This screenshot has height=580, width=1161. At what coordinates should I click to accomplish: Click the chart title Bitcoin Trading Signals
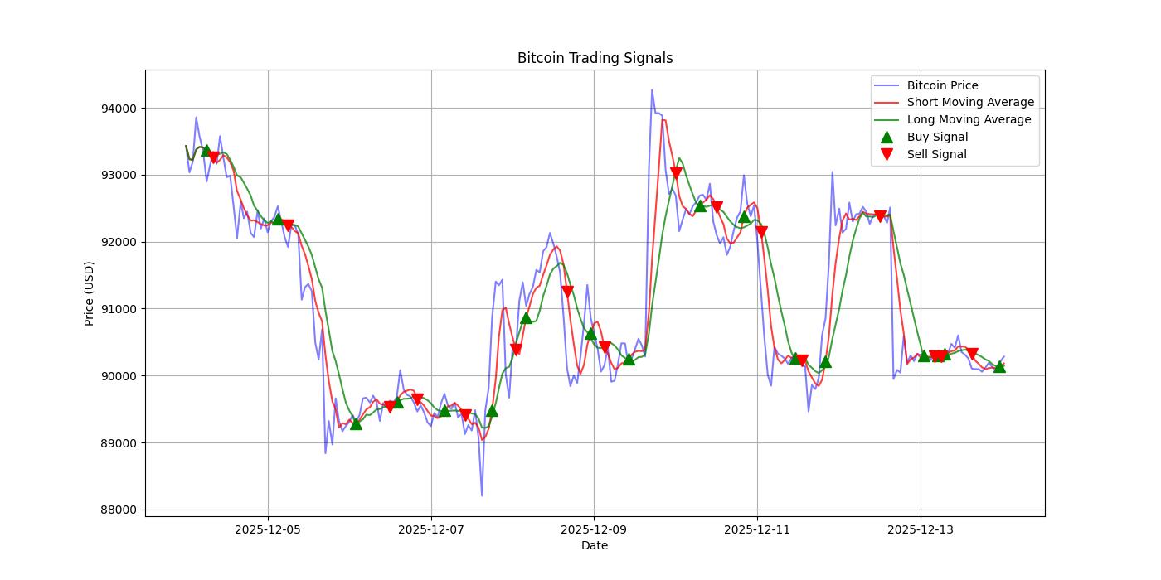click(x=595, y=58)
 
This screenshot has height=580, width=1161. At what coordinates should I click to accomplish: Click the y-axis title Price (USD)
click(x=89, y=293)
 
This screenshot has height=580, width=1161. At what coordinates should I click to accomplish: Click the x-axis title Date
click(x=595, y=545)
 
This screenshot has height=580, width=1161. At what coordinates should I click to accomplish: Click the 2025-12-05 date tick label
click(x=268, y=529)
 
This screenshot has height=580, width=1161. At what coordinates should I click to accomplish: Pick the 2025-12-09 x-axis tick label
click(x=594, y=529)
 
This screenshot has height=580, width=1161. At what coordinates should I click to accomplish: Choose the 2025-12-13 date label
click(x=921, y=529)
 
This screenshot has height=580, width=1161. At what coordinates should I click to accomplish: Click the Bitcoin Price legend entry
click(x=942, y=85)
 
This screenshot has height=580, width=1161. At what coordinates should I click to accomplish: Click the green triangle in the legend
click(x=887, y=137)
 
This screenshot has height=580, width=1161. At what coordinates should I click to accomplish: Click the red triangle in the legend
click(x=887, y=154)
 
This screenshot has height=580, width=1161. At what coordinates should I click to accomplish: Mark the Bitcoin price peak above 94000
click(x=652, y=90)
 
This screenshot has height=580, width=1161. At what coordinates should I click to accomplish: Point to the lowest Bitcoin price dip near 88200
click(x=482, y=495)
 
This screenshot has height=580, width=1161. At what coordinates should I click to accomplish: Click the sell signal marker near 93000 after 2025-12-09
click(x=676, y=173)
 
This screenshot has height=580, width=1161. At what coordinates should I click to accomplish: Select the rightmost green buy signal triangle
click(x=999, y=366)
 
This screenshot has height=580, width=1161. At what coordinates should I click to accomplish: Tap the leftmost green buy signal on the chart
click(x=206, y=151)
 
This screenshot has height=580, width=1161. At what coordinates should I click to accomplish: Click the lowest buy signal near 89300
click(x=356, y=423)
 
